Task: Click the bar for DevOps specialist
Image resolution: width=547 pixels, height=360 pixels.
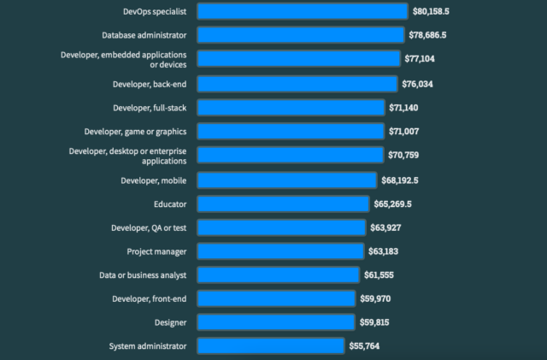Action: (x=303, y=11)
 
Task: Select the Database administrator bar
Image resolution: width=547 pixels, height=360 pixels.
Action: (x=301, y=35)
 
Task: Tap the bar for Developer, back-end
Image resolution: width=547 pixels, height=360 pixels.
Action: (x=297, y=84)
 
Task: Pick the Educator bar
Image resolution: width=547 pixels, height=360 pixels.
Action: (x=284, y=204)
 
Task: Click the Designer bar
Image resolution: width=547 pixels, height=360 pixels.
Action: (x=276, y=322)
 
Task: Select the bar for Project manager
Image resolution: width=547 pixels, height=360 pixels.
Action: (x=280, y=251)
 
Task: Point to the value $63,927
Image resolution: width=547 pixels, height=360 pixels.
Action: (x=390, y=227)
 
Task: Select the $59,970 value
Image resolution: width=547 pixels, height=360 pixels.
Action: (x=379, y=298)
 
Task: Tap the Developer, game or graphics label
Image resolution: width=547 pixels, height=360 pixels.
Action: (x=135, y=131)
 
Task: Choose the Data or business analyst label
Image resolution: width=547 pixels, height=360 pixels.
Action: (x=143, y=274)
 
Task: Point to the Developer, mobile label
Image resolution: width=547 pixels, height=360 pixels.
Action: (x=155, y=180)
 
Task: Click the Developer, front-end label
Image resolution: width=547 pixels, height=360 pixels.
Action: (x=150, y=298)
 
